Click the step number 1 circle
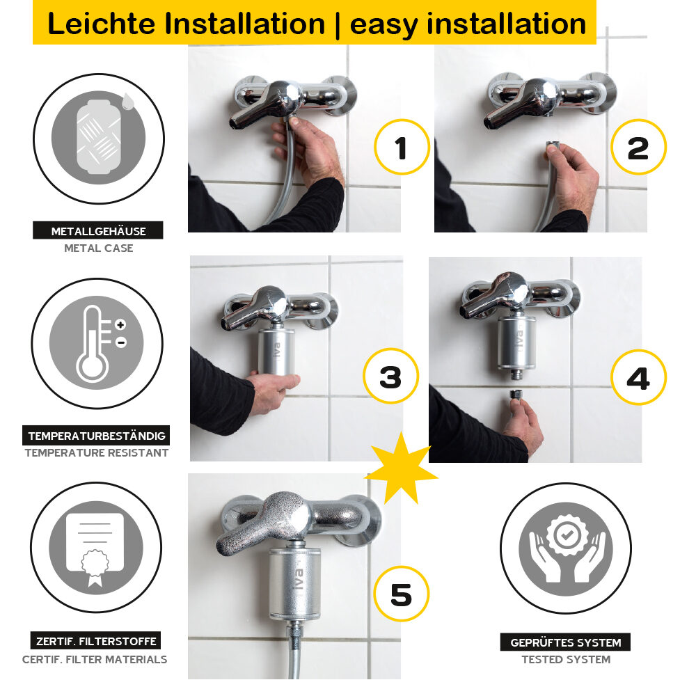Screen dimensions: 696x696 [402, 147]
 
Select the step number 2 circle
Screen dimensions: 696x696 [638, 147]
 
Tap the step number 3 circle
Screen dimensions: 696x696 [391, 377]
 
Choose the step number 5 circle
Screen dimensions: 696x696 [401, 594]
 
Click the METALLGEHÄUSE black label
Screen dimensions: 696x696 [98, 231]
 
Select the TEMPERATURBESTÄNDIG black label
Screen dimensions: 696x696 [97, 436]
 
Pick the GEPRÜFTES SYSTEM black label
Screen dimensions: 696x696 [565, 642]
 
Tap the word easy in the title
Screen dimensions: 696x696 [383, 24]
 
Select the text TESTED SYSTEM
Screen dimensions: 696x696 [566, 659]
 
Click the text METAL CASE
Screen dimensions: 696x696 [98, 248]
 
